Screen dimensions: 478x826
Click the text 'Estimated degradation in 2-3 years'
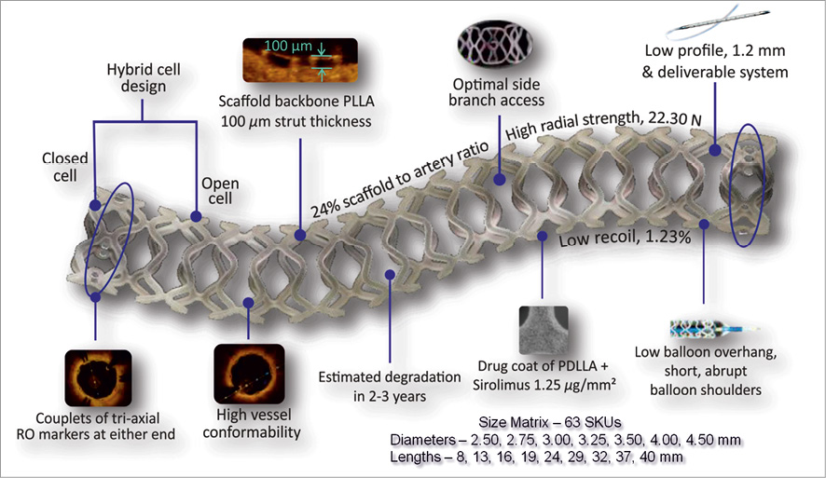click(x=390, y=387)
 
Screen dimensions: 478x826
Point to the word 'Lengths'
click(x=417, y=457)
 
